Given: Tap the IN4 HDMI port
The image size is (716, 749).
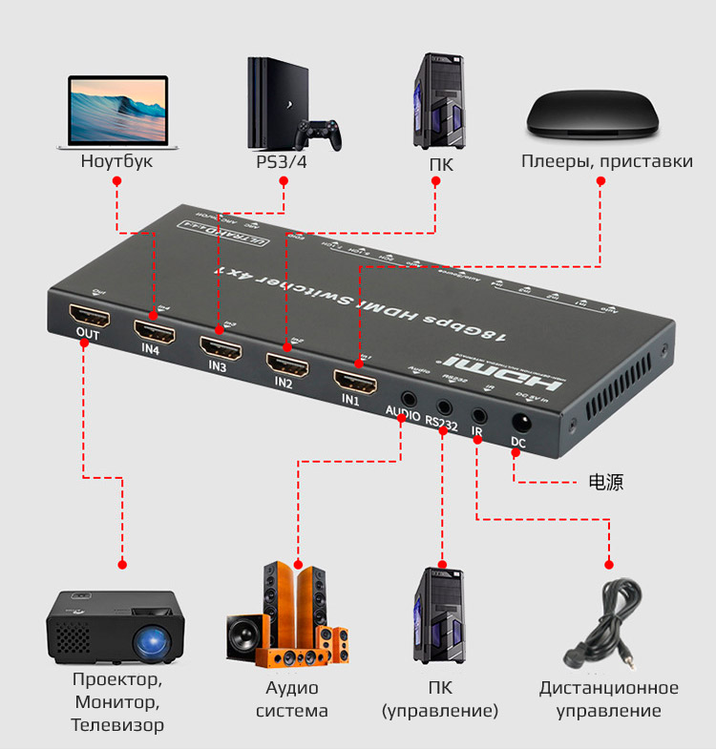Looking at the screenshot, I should (x=154, y=330).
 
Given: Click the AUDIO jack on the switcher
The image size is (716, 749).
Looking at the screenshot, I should (x=409, y=397).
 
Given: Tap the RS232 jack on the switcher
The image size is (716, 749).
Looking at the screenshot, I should (x=444, y=406).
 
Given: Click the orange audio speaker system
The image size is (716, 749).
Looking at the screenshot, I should (x=289, y=618).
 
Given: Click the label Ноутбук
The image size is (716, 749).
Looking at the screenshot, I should (x=116, y=161).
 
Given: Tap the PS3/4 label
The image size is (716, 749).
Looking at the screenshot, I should (x=282, y=161).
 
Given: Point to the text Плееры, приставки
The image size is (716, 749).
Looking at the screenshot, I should (x=607, y=161).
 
